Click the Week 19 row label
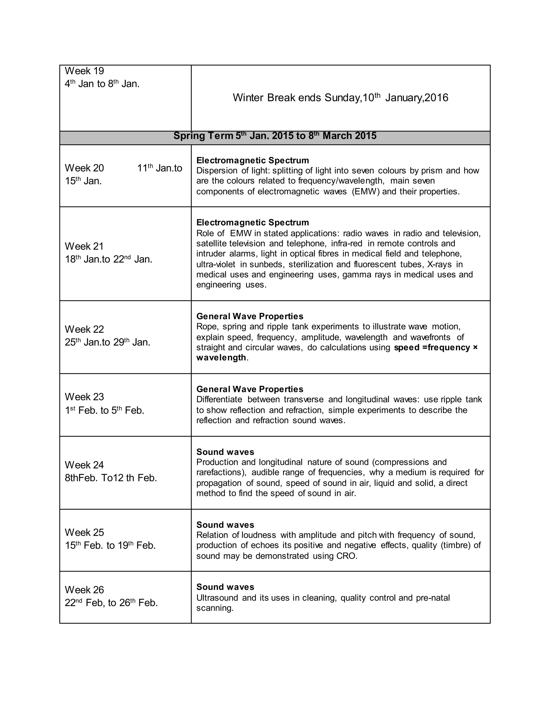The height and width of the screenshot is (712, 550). tap(84, 71)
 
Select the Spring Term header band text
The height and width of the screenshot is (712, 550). tap(275, 136)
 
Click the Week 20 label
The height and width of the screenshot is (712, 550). tap(84, 168)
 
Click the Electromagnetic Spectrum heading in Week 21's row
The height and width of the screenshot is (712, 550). tap(252, 222)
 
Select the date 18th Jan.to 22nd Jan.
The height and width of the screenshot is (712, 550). tap(108, 259)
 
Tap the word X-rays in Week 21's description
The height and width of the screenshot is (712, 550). tap(440, 264)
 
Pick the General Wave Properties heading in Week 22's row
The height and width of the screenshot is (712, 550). tap(249, 316)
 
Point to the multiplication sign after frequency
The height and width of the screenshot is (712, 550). tap(475, 347)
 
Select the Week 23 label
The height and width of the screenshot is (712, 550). tap(84, 397)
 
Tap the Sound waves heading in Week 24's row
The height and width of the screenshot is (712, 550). tap(225, 452)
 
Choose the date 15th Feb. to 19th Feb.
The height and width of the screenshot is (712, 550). tap(110, 545)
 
